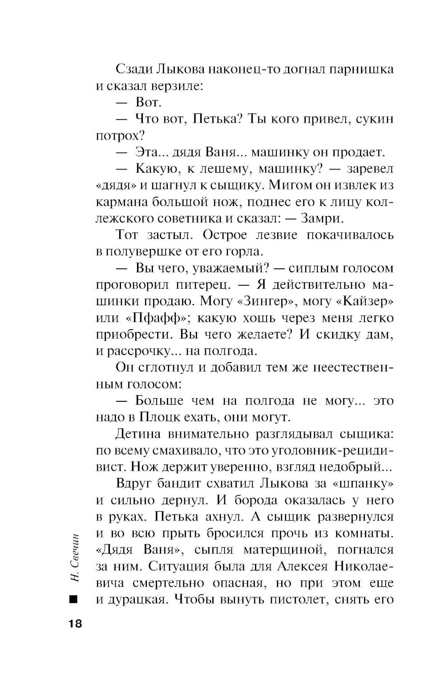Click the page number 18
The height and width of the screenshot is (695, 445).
(75, 623)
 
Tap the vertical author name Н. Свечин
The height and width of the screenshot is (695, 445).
(74, 557)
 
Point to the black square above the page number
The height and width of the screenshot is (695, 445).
(74, 599)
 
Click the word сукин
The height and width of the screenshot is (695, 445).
(379, 119)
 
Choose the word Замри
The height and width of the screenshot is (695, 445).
(323, 218)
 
